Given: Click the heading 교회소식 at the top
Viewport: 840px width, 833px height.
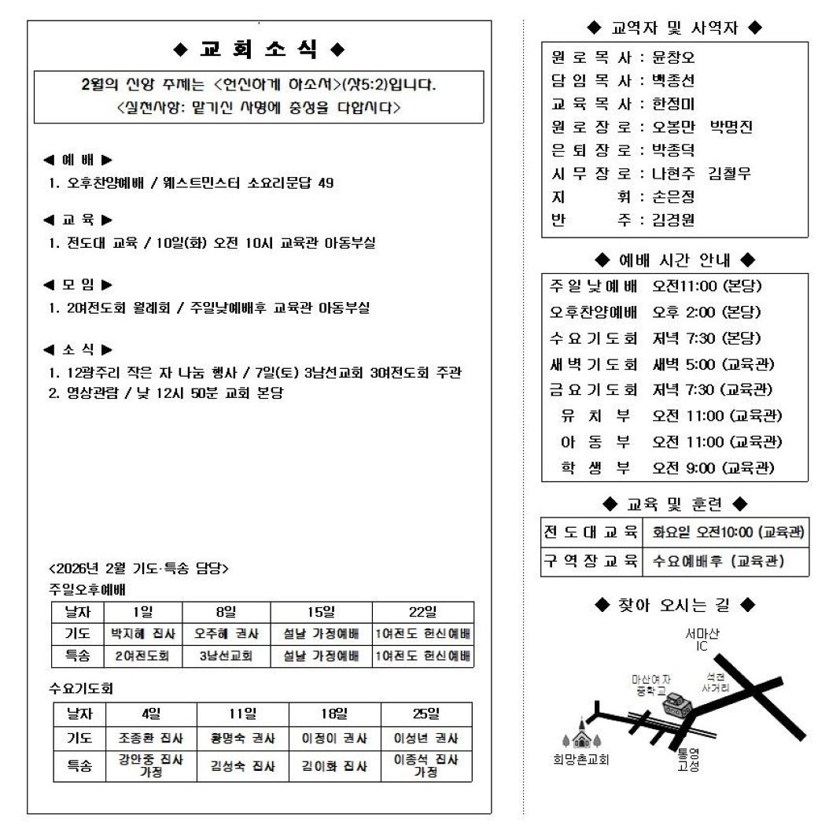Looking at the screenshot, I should click(x=259, y=50).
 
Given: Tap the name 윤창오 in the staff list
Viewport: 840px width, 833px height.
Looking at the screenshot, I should click(x=674, y=57).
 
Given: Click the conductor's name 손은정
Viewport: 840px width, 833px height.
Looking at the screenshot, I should click(x=674, y=197).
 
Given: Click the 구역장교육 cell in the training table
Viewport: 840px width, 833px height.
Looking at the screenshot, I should click(x=591, y=562).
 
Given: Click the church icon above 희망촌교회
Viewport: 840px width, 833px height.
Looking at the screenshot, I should click(x=582, y=736).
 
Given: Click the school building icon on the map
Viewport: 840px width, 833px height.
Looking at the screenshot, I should click(x=675, y=704).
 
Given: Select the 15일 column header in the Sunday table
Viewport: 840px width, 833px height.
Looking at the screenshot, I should click(x=321, y=613).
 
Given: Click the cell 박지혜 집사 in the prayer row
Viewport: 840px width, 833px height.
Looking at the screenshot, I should click(x=142, y=634).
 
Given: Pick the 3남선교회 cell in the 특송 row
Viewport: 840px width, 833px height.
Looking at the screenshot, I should click(x=226, y=656).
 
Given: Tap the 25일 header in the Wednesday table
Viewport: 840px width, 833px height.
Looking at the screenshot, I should click(x=426, y=713).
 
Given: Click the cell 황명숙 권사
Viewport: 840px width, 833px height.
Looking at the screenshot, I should click(x=243, y=739).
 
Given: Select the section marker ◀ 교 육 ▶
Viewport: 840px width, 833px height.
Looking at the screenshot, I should click(x=78, y=219).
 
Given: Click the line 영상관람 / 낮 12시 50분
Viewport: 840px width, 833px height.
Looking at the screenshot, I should click(x=165, y=393).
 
